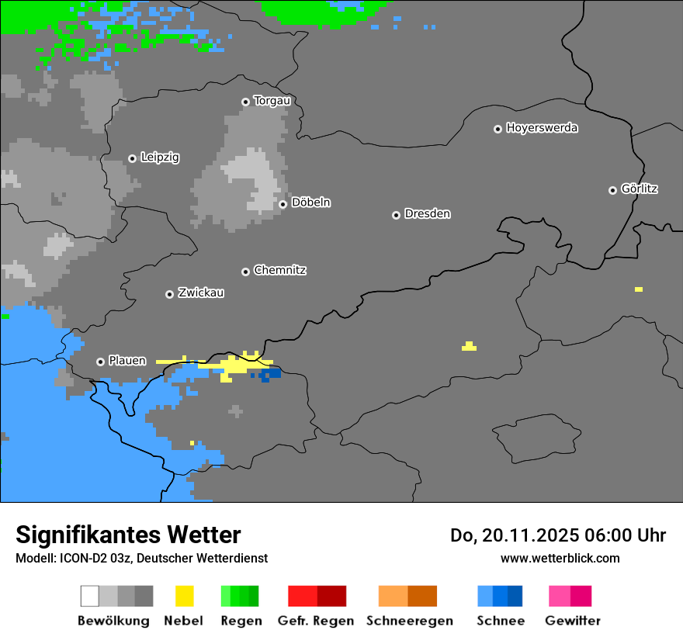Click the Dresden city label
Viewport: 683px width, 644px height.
[427, 214]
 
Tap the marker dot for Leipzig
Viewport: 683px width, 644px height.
[132, 158]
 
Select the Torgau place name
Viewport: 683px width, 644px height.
[272, 101]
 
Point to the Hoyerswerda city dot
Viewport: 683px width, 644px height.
[498, 129]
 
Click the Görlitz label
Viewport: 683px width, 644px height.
[640, 189]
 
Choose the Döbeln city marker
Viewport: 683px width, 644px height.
[283, 204]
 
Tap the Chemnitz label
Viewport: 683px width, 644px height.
[279, 271]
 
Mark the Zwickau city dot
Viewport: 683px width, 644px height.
[169, 294]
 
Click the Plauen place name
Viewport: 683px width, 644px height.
[127, 361]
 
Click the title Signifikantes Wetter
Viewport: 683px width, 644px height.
[128, 535]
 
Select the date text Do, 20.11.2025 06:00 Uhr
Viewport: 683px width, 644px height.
[558, 535]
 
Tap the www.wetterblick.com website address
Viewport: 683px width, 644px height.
[560, 558]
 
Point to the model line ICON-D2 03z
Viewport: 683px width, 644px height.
[141, 558]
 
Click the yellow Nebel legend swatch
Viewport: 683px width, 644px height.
[184, 596]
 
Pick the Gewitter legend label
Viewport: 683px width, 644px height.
[572, 621]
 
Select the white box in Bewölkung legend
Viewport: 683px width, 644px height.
[89, 596]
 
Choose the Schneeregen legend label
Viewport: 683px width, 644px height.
[409, 621]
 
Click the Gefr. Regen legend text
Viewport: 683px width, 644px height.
[315, 621]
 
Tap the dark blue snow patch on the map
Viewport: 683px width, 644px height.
[271, 375]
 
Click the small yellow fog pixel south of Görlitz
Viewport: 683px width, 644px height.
[638, 289]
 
